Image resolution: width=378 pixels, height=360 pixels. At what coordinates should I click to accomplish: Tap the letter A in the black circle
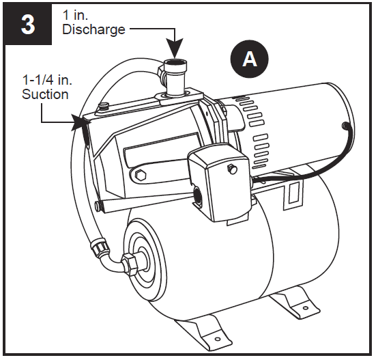click(x=250, y=59)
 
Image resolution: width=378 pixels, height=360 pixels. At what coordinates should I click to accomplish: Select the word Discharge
click(x=93, y=29)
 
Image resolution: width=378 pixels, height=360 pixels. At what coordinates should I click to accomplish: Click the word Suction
click(x=46, y=94)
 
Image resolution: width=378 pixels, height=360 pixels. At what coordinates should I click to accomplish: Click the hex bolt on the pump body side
click(x=141, y=175)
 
